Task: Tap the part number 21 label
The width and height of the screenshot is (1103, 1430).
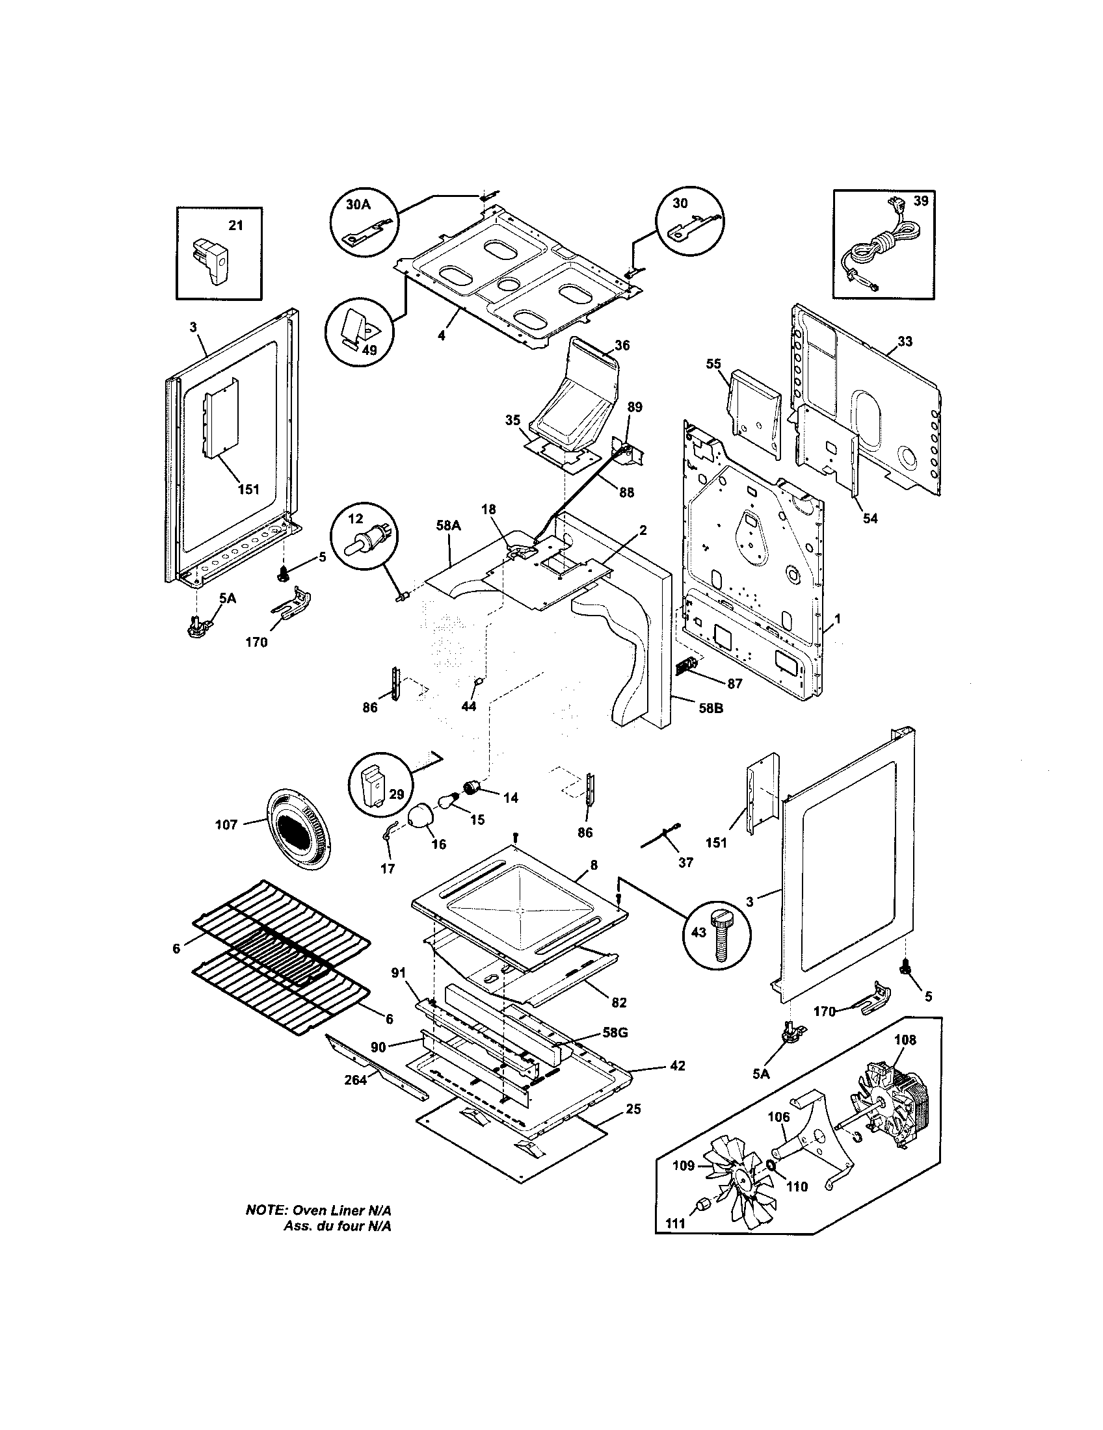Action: point(235,226)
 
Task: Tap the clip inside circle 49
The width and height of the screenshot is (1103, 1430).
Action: point(359,329)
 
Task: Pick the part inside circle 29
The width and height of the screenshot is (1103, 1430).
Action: point(376,785)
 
